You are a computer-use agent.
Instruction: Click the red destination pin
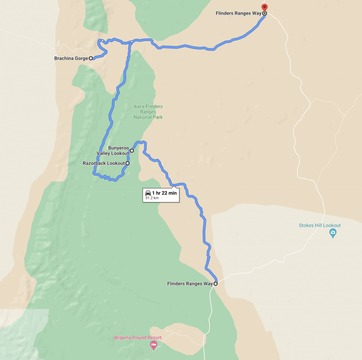point(264,8)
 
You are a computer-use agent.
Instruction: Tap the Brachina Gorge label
point(71,58)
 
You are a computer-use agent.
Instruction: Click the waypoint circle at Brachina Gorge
point(91,58)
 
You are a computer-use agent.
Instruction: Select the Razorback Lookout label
point(104,163)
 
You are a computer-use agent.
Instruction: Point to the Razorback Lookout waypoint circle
point(127,163)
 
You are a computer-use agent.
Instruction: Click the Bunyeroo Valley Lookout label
point(113,150)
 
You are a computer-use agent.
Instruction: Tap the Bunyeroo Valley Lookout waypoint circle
point(132,151)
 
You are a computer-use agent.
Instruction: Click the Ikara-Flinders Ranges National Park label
point(148,112)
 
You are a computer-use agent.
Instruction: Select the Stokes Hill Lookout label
point(320,225)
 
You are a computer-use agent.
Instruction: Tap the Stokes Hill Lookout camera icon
point(333,233)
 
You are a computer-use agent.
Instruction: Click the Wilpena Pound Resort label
point(138,337)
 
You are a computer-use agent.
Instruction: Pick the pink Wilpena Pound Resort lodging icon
point(153,345)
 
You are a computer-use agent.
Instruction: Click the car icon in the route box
point(148,193)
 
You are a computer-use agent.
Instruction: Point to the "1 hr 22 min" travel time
point(165,193)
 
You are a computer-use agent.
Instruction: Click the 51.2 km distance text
point(152,198)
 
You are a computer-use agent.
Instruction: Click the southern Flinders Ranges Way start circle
point(216,284)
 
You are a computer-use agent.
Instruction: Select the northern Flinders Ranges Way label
point(239,13)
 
